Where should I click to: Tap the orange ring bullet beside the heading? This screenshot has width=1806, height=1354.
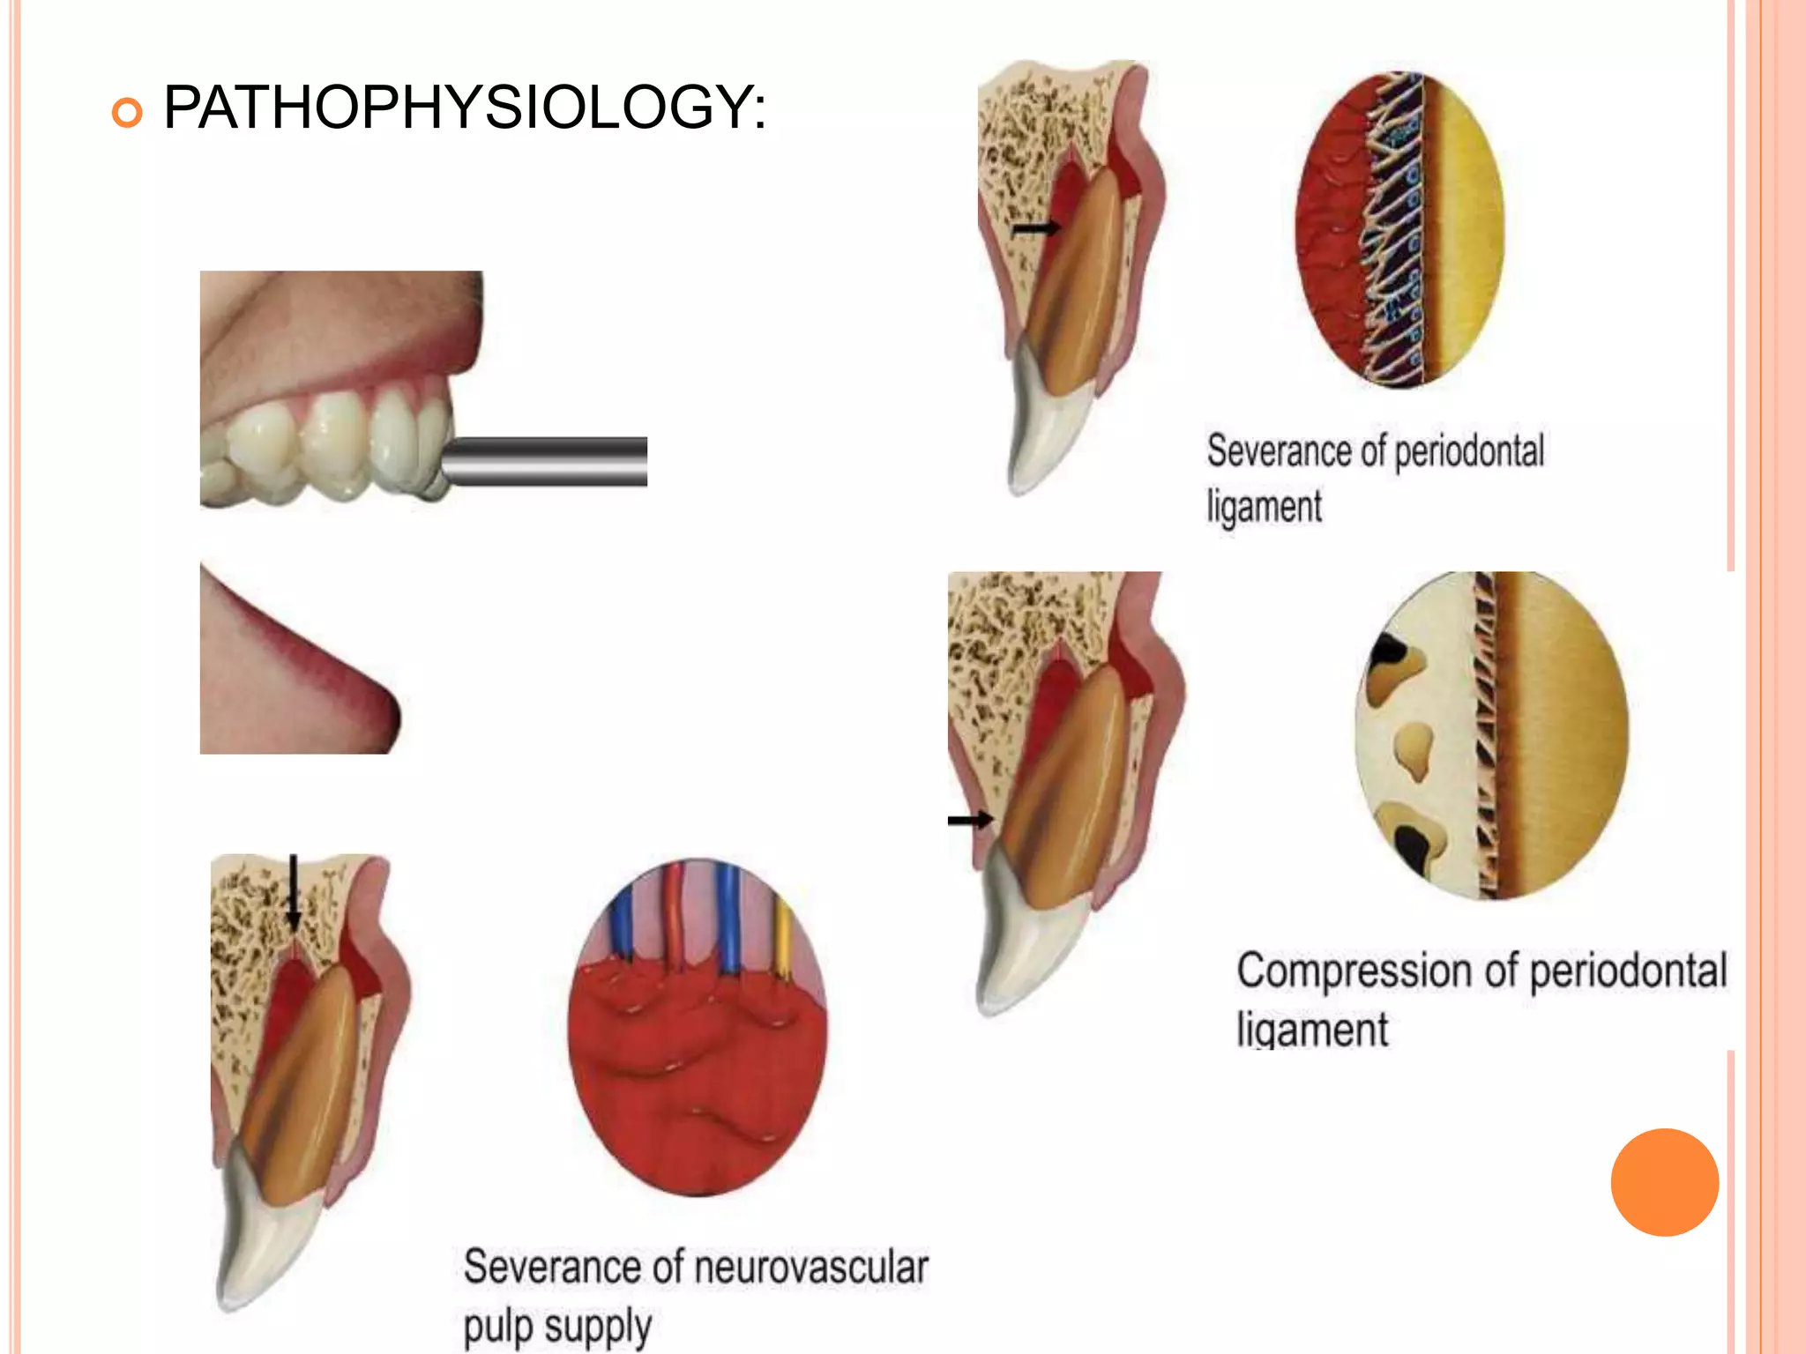point(128,113)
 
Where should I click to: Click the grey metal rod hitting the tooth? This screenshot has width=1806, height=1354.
point(547,460)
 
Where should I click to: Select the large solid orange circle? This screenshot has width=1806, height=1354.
point(1664,1182)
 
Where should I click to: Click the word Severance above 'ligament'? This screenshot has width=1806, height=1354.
point(1279,451)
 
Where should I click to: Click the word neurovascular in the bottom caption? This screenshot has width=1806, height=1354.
point(811,1268)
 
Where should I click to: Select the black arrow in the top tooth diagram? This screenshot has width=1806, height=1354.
point(1035,228)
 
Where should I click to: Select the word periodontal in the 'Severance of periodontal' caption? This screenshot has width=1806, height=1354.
point(1469,451)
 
